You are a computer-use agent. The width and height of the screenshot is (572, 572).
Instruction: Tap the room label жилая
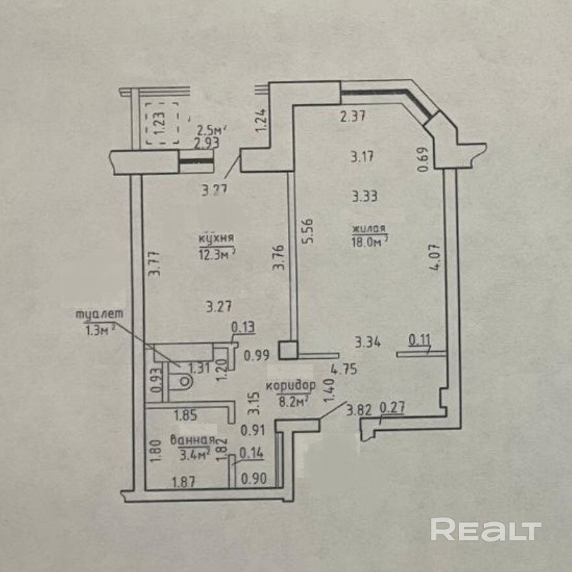coord(369,229)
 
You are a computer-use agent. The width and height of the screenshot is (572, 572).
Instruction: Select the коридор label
coord(290,387)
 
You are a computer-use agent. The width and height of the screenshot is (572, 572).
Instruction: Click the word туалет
coord(100,315)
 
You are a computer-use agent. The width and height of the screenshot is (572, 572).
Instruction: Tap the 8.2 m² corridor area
coord(291,400)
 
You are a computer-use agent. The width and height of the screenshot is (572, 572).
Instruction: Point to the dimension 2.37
coord(354,117)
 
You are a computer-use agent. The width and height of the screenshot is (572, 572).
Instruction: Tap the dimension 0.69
coord(424,160)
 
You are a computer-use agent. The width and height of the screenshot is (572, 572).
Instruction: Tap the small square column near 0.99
coord(288,350)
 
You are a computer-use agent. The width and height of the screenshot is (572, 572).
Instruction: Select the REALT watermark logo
coord(486,530)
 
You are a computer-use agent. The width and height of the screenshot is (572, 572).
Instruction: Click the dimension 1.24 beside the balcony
coord(261,120)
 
